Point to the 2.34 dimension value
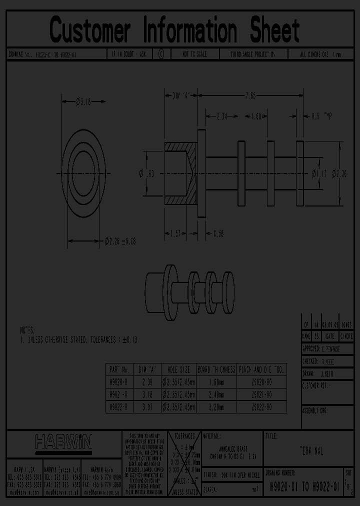click(x=221, y=116)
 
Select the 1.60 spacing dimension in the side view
click(x=256, y=116)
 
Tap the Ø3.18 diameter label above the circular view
click(x=83, y=102)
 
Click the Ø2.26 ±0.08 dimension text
click(x=120, y=241)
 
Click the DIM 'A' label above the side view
click(x=182, y=94)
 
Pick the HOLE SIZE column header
click(x=178, y=370)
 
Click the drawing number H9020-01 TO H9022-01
click(x=305, y=485)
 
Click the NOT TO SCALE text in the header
click(x=195, y=54)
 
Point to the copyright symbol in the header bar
click(x=161, y=54)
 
